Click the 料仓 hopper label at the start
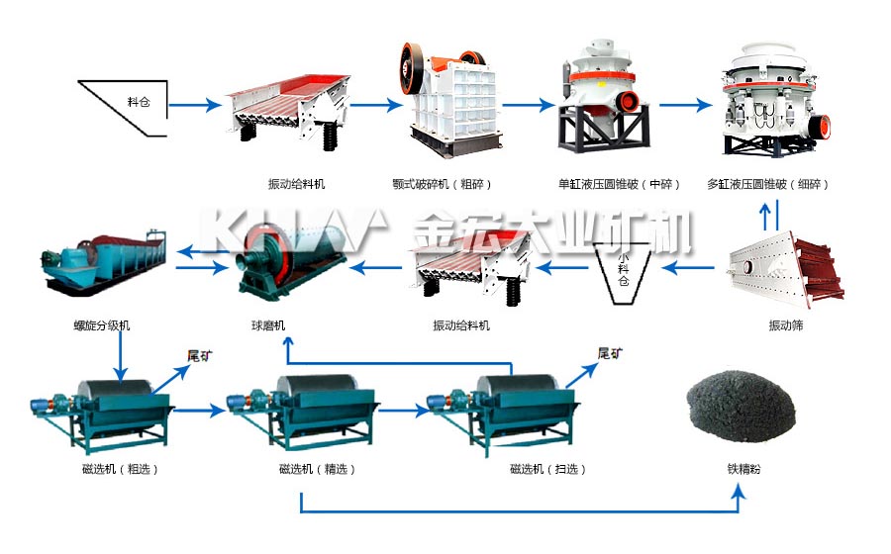pyautogui.click(x=139, y=102)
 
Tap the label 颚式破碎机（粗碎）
pyautogui.click(x=442, y=184)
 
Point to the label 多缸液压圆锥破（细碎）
pyautogui.click(x=767, y=184)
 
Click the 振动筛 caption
pyautogui.click(x=786, y=325)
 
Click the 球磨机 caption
pyautogui.click(x=268, y=325)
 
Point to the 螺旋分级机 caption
pyautogui.click(x=102, y=325)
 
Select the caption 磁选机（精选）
pyautogui.click(x=317, y=469)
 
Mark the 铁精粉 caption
pyautogui.click(x=743, y=469)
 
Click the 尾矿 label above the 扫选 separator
pyautogui.click(x=610, y=353)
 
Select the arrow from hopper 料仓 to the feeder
pyautogui.click(x=194, y=105)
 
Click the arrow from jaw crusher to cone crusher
pyautogui.click(x=529, y=105)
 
